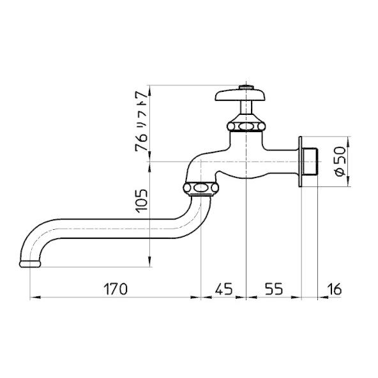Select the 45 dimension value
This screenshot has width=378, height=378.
[x=223, y=289]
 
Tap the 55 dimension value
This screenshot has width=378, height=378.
[x=273, y=289]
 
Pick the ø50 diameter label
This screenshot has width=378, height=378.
[x=338, y=162]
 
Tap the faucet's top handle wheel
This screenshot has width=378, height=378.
[x=241, y=96]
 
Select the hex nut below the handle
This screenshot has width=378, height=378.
[x=243, y=123]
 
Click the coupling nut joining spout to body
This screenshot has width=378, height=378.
[x=200, y=188]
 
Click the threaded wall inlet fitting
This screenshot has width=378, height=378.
[x=310, y=162]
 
